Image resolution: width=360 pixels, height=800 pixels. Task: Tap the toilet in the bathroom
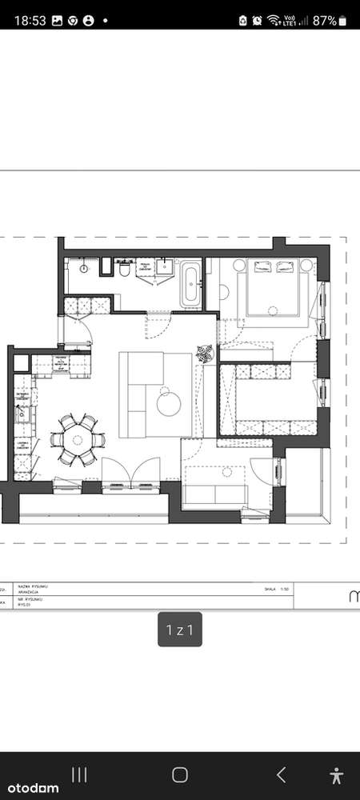tap(124, 270)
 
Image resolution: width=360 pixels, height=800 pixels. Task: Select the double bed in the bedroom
tap(274, 289)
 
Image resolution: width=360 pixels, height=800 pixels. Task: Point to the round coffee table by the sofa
tap(170, 402)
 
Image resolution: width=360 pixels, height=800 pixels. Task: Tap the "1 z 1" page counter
tap(179, 630)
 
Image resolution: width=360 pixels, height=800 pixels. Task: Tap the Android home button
tap(180, 774)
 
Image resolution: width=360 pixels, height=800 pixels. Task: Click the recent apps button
tap(79, 774)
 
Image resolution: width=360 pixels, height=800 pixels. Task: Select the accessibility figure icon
tap(336, 774)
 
